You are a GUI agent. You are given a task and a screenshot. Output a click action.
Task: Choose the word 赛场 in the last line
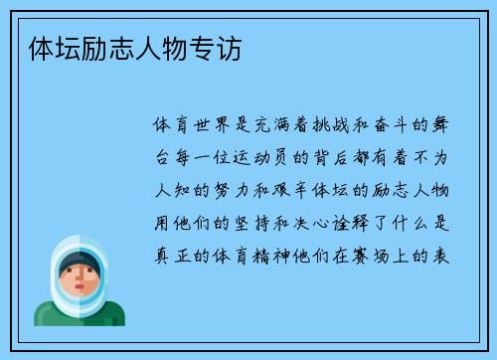coord(377,255)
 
